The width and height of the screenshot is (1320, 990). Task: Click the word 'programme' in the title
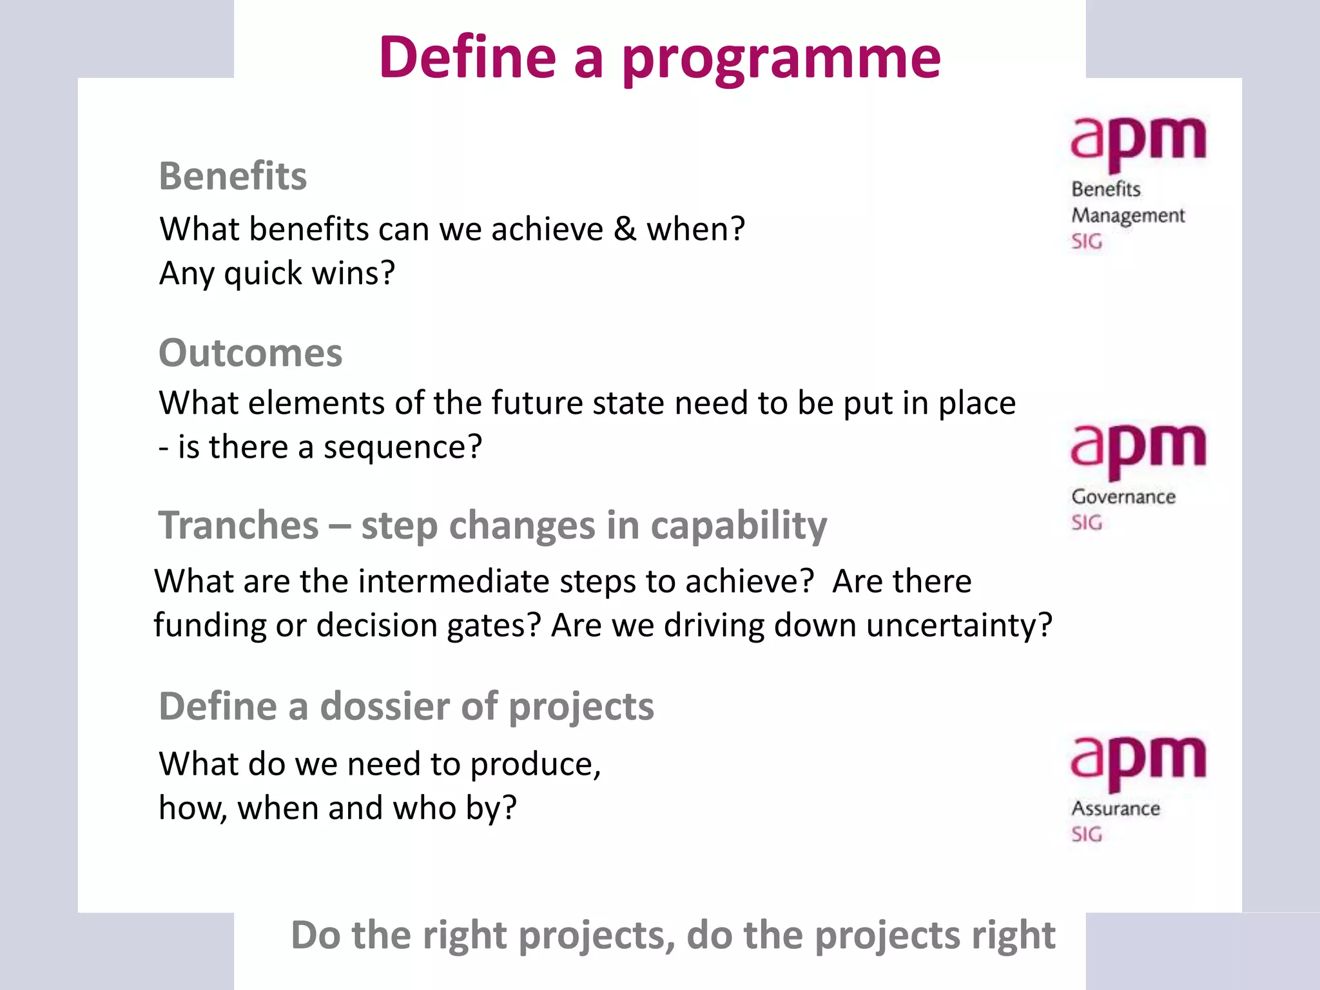coord(781,59)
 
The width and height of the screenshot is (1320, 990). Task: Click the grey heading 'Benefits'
coord(233,176)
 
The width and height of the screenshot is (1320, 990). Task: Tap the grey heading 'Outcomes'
coord(251,353)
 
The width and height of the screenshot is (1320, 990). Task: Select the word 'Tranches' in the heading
coord(238,525)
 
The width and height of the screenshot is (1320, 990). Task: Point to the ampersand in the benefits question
coord(624,229)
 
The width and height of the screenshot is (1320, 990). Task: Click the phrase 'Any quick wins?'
coord(277,273)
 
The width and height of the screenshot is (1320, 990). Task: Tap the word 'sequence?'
coord(402,447)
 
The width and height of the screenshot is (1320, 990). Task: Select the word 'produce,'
coord(535,764)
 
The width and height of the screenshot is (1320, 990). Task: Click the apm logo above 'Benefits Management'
coord(1138,142)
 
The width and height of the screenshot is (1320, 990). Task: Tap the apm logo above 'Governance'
coord(1138,449)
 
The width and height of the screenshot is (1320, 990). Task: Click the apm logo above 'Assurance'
coord(1138,761)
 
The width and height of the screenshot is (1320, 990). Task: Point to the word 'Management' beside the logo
coord(1127,216)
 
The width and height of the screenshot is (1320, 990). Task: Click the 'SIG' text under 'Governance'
coord(1087,523)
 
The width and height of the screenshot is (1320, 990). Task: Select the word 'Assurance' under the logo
coord(1115,809)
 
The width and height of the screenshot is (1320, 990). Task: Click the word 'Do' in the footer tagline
coord(316,936)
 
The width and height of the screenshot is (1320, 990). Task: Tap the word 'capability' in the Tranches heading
coord(738,525)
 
